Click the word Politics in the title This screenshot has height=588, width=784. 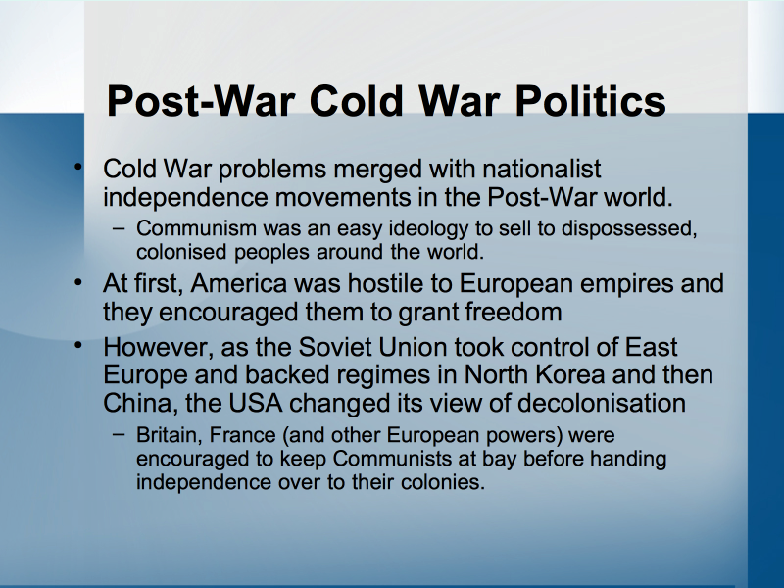[x=590, y=101]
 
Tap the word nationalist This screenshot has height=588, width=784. [x=542, y=169]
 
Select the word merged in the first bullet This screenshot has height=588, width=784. [x=377, y=170]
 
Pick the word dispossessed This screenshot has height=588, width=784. [x=629, y=229]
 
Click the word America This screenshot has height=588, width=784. [x=239, y=283]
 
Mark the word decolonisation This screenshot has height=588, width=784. [x=602, y=404]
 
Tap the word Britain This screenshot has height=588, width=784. [x=170, y=435]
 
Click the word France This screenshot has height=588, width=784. [x=242, y=435]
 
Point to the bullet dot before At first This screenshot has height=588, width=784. [x=78, y=282]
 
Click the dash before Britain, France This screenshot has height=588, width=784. [x=119, y=434]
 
